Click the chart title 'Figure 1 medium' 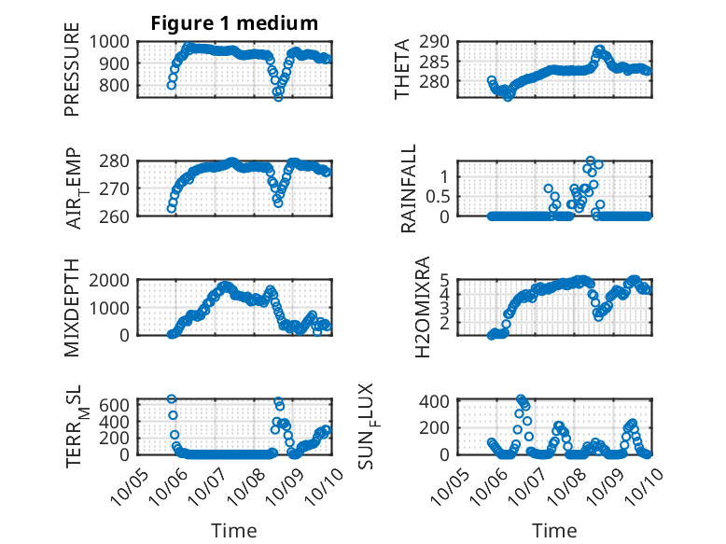click(x=234, y=23)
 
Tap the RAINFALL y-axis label click(x=409, y=189)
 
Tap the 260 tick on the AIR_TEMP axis click(x=120, y=216)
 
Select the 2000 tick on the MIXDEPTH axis click(x=112, y=279)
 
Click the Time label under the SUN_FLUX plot click(x=554, y=530)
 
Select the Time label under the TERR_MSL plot click(x=234, y=530)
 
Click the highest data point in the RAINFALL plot click(x=591, y=160)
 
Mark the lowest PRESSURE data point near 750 click(x=278, y=96)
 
